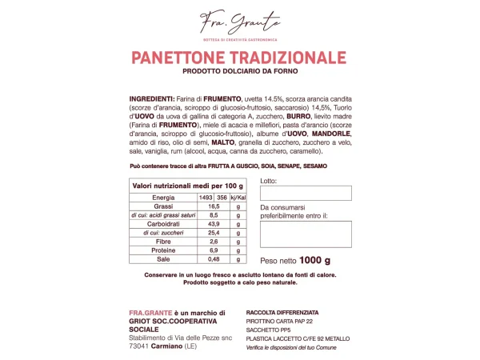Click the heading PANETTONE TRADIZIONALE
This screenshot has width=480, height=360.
[239, 58]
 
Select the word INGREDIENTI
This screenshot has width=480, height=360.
[151, 98]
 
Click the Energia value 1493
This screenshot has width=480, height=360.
[205, 197]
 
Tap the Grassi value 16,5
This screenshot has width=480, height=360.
[214, 206]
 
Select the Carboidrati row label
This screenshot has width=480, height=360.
[163, 224]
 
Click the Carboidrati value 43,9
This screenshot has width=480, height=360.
[214, 224]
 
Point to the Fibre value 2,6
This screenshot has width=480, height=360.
[214, 242]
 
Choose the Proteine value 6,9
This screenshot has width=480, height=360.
[214, 250]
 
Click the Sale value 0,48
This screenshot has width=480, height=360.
[214, 259]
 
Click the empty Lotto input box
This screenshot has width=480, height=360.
[306, 193]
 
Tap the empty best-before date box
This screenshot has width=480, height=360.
[306, 234]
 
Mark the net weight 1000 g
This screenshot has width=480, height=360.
[295, 260]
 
